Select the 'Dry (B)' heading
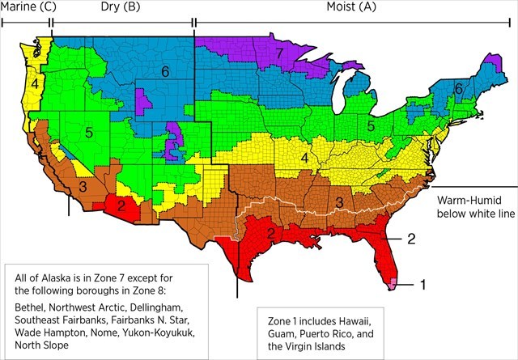(120, 8)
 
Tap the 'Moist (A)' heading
(344, 8)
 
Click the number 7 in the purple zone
(278, 53)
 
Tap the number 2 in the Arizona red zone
(121, 206)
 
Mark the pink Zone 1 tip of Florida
(394, 283)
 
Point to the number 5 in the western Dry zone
(89, 131)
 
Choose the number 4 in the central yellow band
(305, 158)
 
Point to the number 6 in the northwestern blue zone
(164, 72)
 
